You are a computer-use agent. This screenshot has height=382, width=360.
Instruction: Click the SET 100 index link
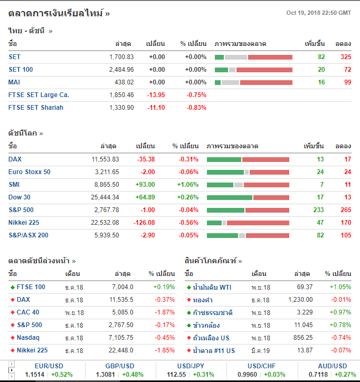pos(21,70)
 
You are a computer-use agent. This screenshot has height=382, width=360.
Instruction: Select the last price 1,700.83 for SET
pos(121,57)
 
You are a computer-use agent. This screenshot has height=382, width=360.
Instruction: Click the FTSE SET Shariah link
pos(36,108)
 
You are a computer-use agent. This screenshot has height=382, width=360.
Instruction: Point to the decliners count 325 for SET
pos(346,57)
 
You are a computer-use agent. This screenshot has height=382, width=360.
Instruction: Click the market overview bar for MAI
pos(253,82)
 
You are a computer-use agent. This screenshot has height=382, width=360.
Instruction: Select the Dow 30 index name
pos(20,197)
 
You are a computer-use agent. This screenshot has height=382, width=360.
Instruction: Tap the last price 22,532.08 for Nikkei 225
pos(106,223)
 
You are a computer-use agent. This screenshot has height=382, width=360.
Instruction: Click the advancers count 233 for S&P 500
pos(318,210)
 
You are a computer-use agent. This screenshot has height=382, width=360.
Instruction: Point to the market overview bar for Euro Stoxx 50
pos(248,172)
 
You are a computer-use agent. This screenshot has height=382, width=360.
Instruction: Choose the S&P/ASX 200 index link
pos(29,235)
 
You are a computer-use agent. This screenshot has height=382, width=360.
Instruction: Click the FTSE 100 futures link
pos(31,287)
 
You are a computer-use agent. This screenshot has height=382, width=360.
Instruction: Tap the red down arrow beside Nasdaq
pos(13,338)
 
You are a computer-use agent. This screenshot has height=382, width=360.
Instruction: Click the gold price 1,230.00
pos(300,300)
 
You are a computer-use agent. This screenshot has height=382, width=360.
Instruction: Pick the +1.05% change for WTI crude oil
pos(340,287)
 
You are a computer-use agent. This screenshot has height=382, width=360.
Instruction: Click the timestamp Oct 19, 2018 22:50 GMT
pos(318,13)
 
